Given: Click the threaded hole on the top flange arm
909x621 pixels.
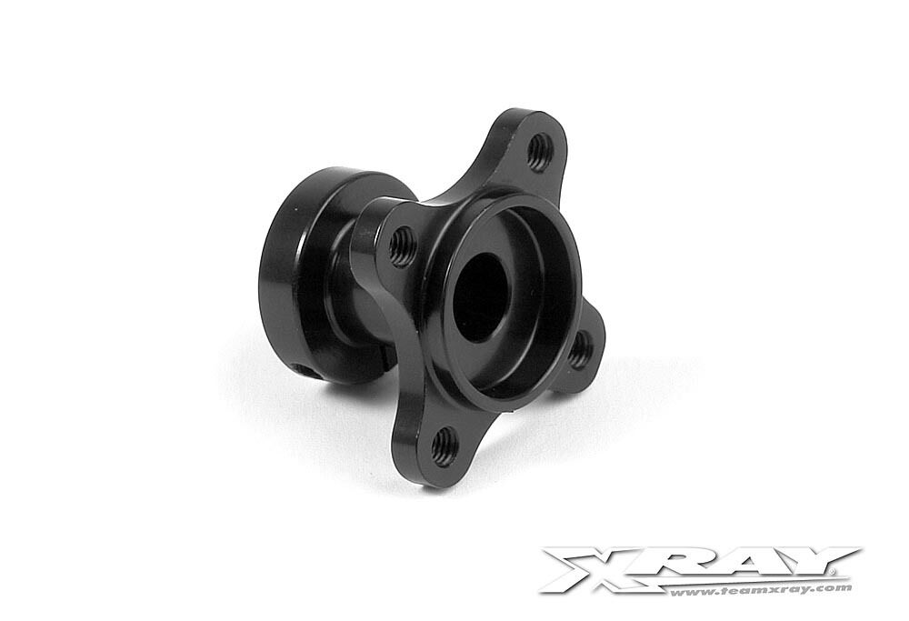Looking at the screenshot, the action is tap(539, 152).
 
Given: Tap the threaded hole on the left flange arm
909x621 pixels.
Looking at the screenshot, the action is tap(401, 245).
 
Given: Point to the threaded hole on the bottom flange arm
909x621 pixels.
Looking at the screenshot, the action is tap(445, 447).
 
